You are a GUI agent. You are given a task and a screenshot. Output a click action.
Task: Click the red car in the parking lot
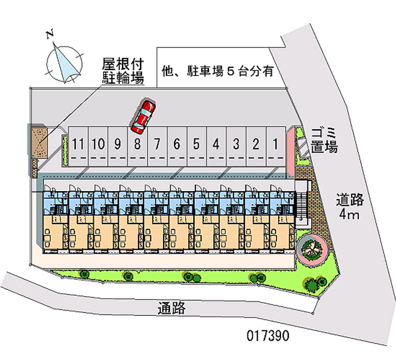pos(143,116)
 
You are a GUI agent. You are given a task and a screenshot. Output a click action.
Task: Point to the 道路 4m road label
pos(350,207)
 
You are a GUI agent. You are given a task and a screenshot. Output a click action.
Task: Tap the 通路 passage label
pos(172,309)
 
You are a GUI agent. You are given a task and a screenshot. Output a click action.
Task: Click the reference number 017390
pos(267,335)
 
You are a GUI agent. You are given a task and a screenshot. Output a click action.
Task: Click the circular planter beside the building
pos(310,247)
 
